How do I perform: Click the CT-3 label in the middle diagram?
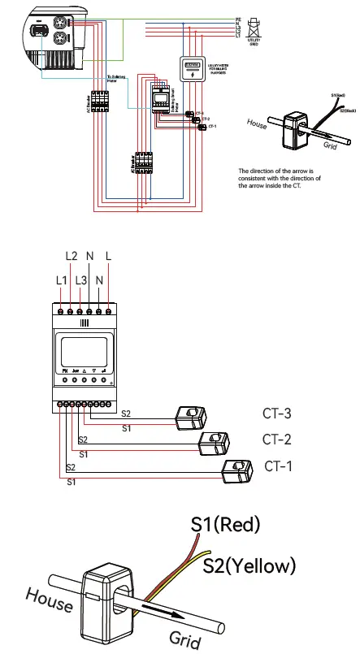(277, 413)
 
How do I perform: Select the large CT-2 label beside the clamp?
(277, 440)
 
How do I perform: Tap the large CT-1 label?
(279, 466)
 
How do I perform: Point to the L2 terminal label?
(71, 256)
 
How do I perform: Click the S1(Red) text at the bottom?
(225, 524)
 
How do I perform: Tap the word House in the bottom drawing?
(49, 600)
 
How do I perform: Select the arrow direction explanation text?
(280, 179)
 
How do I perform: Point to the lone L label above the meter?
(109, 256)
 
